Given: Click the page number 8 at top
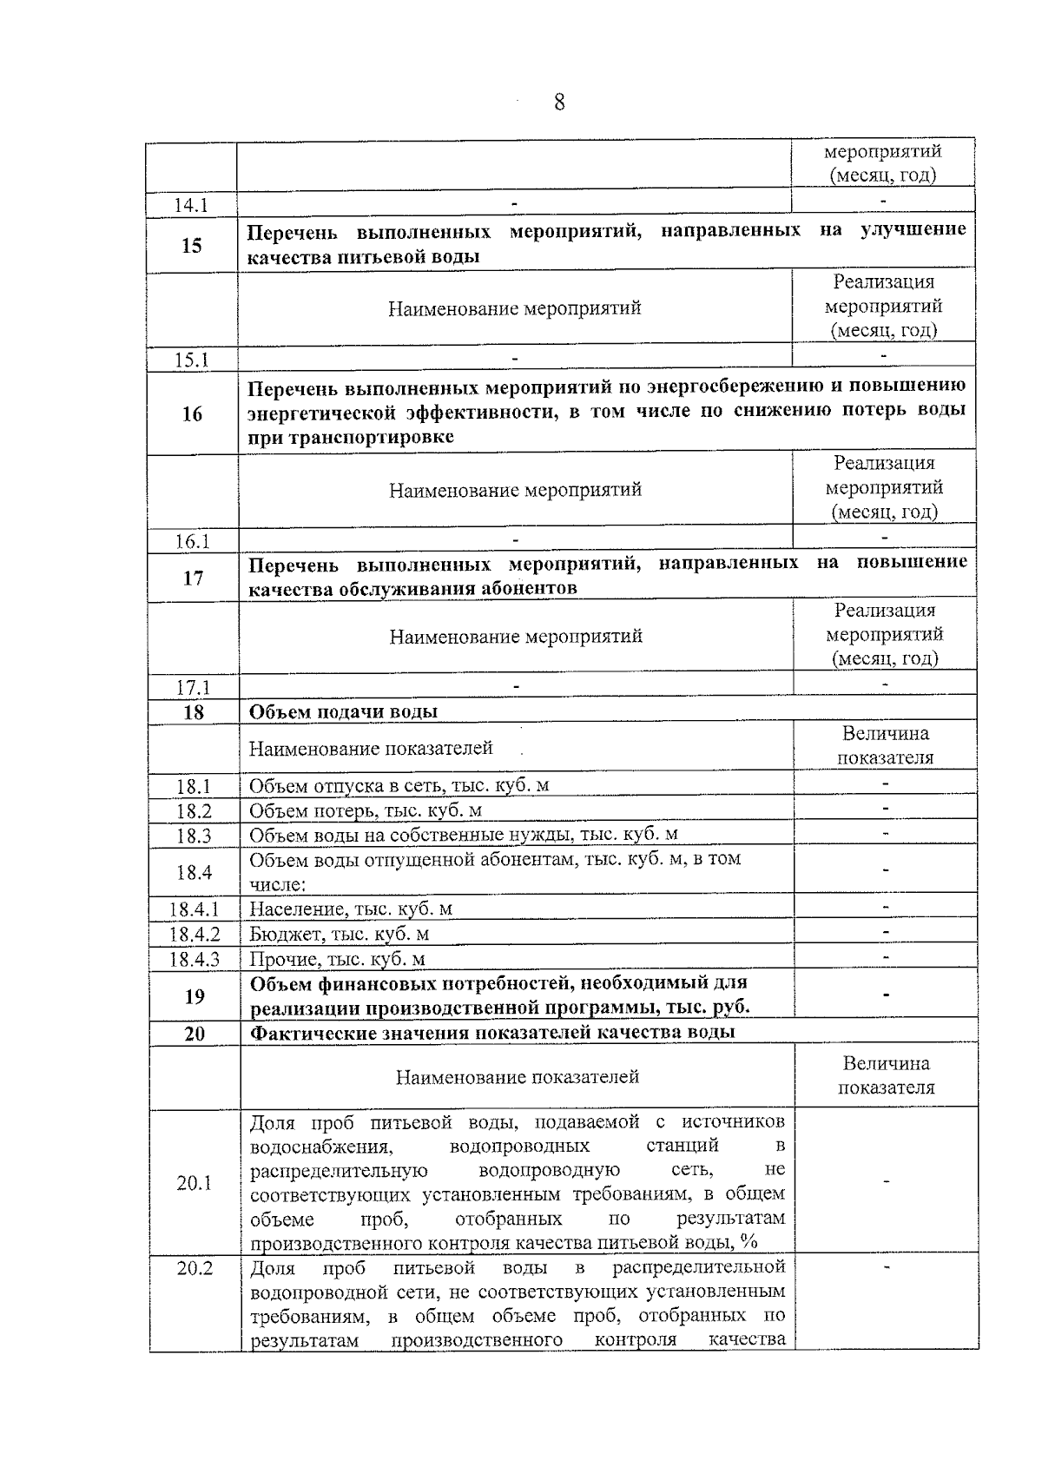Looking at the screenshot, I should click(558, 103).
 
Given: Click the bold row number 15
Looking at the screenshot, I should click(192, 245).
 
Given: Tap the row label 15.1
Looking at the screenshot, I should click(192, 360).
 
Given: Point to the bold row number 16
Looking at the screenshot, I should click(192, 413).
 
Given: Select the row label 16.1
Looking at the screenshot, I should click(193, 541).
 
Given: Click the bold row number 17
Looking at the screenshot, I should click(194, 578).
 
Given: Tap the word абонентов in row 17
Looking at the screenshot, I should click(524, 588).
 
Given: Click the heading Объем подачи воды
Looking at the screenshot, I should click(344, 711).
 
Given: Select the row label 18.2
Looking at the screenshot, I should click(194, 811).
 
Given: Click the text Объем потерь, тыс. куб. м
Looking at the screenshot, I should click(366, 810).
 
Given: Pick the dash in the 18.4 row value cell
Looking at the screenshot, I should click(885, 870).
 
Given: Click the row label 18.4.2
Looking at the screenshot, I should click(195, 935).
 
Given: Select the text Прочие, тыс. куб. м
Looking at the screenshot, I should click(338, 960).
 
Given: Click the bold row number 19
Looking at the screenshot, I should click(195, 996).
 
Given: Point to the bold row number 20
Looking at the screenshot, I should click(195, 1034).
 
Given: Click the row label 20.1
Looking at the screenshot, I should click(195, 1183).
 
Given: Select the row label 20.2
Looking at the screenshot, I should click(195, 1268).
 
